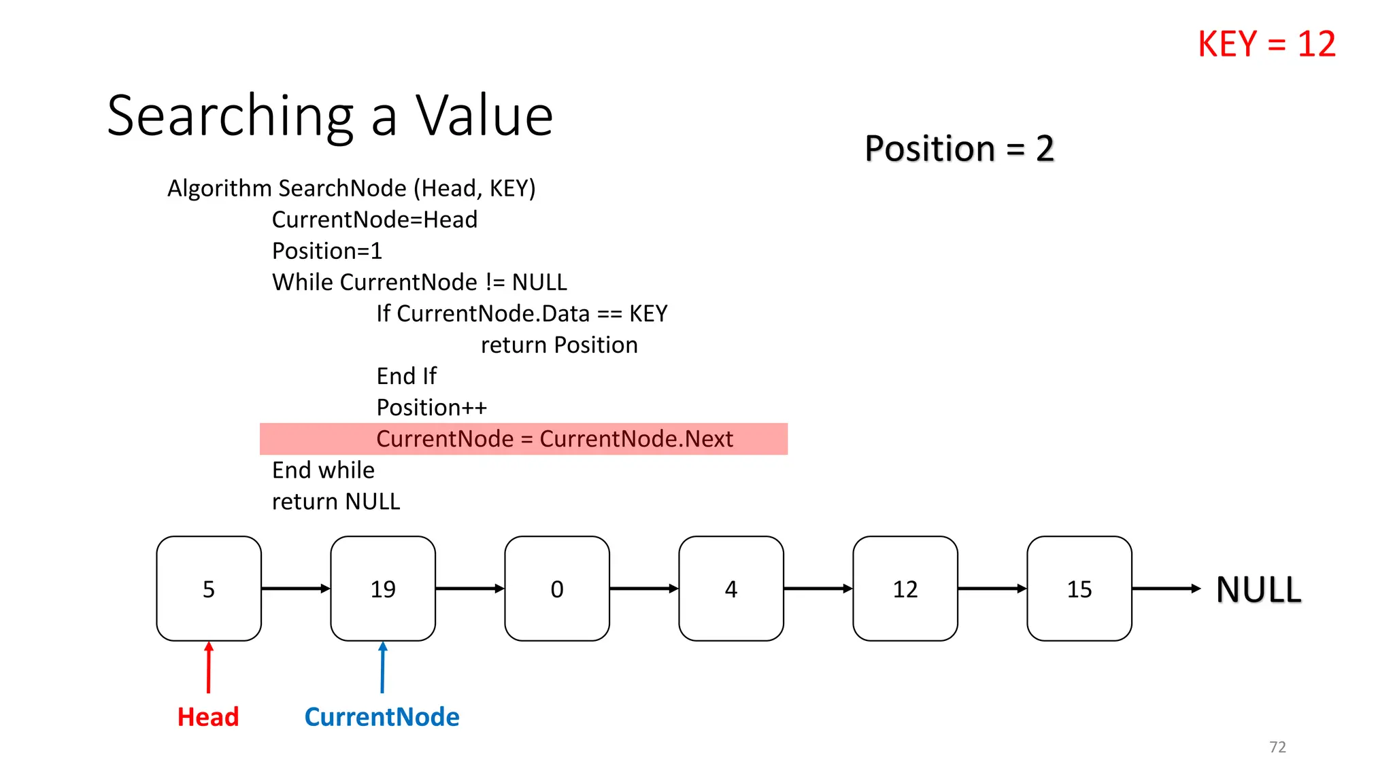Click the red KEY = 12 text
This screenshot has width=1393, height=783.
1266,44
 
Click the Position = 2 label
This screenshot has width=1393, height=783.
959,148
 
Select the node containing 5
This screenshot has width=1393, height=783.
209,589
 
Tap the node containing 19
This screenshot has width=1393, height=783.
383,589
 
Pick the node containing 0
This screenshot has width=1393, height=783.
557,589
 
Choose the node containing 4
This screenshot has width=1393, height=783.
731,589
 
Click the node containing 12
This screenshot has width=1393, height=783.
905,589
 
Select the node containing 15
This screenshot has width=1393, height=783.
1079,589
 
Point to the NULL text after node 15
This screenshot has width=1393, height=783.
1258,589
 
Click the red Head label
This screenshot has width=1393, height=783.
208,717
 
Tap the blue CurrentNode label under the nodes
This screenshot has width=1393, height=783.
382,717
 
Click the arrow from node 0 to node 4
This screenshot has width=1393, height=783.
643,589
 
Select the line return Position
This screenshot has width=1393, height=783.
559,345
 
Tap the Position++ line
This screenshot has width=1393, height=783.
432,408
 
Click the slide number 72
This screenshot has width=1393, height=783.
1277,747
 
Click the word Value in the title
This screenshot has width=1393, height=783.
484,116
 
